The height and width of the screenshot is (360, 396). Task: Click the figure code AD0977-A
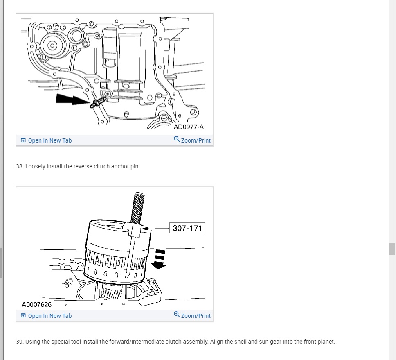(x=189, y=127)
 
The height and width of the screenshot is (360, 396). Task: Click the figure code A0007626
(x=37, y=304)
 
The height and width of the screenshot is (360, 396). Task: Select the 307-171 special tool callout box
(x=187, y=228)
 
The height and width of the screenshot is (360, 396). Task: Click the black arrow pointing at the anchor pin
(x=72, y=99)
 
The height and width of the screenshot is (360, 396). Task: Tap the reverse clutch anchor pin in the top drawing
(x=98, y=102)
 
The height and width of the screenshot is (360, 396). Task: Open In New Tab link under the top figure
(x=49, y=140)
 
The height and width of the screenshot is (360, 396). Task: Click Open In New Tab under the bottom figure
(x=49, y=316)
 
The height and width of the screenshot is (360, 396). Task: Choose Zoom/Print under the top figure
(x=196, y=140)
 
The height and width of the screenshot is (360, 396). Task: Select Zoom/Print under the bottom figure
(x=196, y=316)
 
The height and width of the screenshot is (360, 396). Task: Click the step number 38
(x=20, y=166)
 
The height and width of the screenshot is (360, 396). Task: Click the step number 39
(x=20, y=342)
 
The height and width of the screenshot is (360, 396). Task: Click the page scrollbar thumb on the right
(x=392, y=249)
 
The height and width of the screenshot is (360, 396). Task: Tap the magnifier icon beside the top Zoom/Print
(x=177, y=140)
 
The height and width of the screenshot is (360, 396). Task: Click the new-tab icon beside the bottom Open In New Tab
(x=23, y=316)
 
